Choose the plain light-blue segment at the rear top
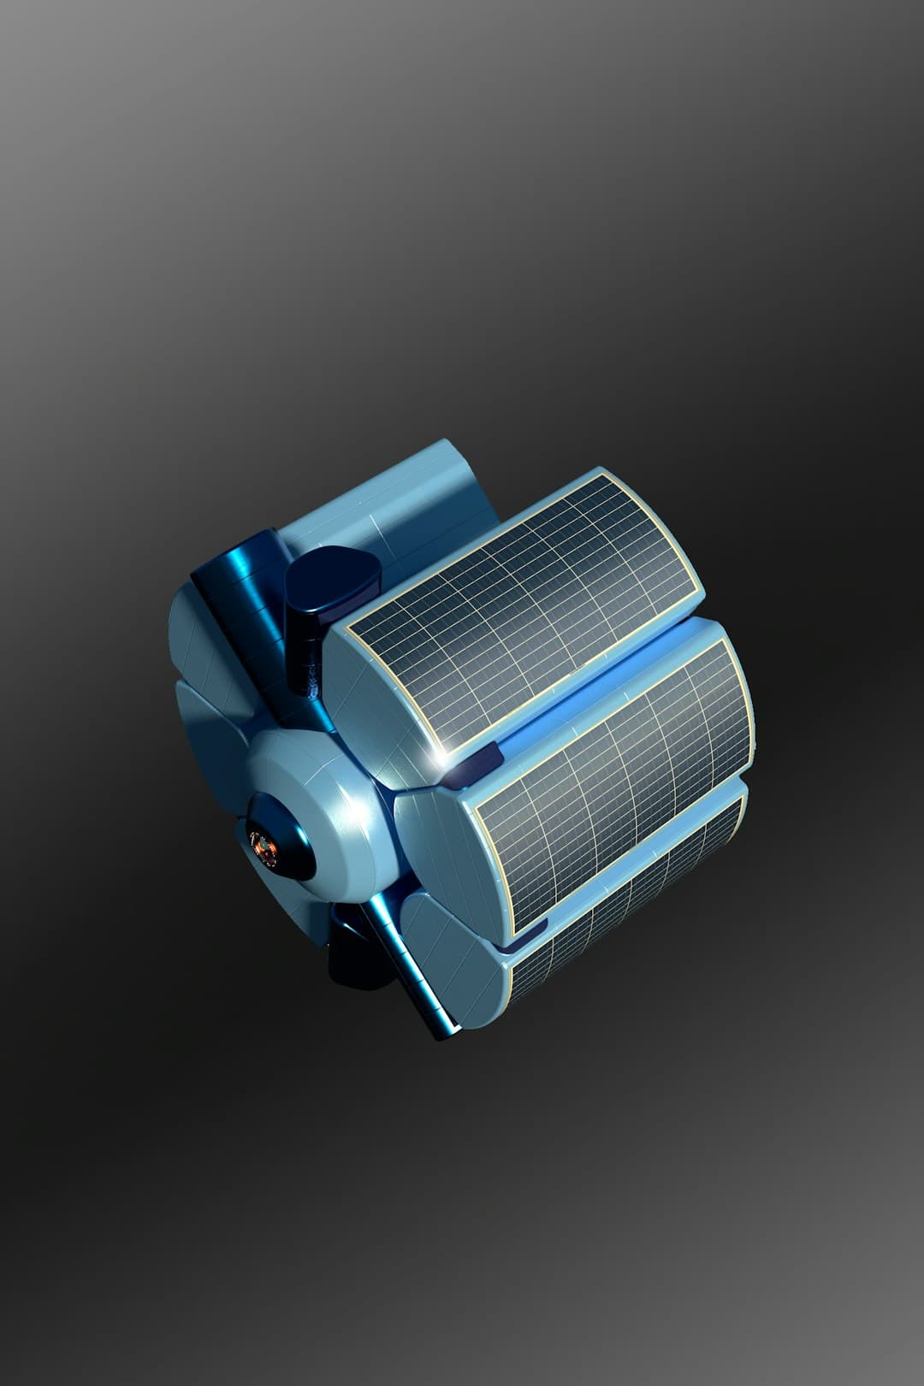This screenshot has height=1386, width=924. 402,504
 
